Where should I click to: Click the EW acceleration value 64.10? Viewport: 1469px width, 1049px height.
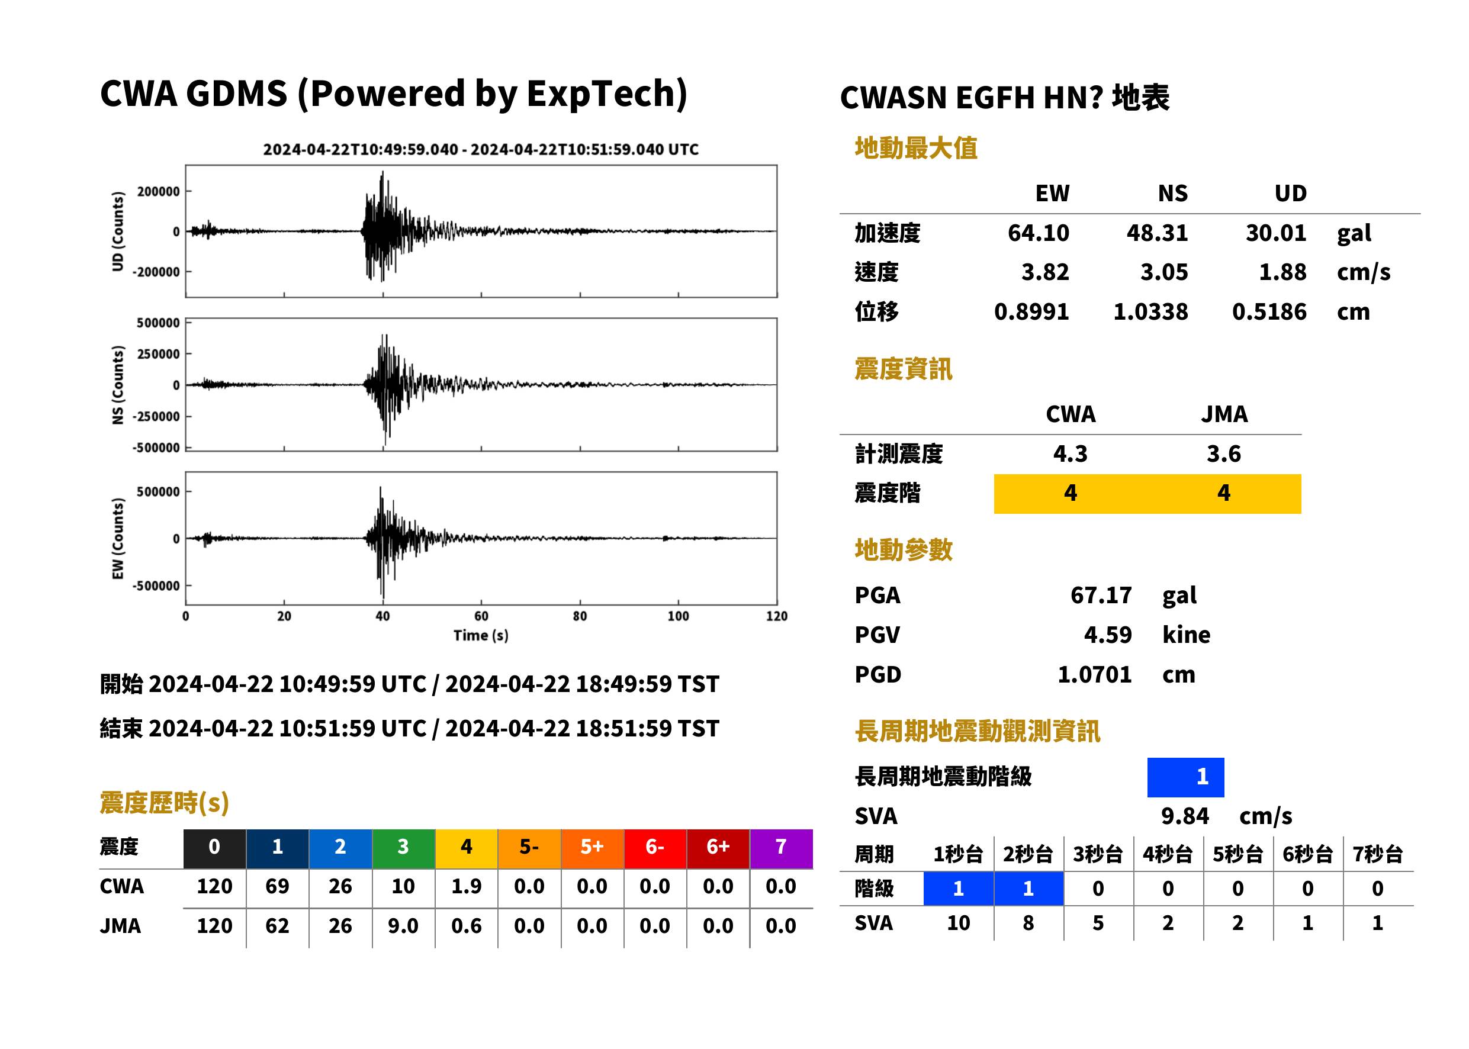(x=1038, y=233)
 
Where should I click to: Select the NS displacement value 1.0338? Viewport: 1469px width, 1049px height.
(x=1150, y=311)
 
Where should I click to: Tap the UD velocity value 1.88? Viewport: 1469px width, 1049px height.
(x=1282, y=272)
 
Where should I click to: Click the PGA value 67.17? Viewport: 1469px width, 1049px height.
(x=1101, y=595)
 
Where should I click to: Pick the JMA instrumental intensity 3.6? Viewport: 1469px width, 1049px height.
(x=1223, y=453)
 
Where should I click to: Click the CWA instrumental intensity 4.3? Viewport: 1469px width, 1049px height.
(x=1071, y=453)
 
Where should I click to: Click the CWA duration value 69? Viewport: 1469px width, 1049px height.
(x=277, y=886)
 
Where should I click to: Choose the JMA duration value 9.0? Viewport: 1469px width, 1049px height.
(x=403, y=926)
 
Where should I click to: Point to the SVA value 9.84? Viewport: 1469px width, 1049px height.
(x=1185, y=816)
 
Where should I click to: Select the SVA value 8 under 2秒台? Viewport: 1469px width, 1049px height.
(x=1028, y=923)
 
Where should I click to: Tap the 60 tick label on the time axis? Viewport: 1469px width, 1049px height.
(x=481, y=616)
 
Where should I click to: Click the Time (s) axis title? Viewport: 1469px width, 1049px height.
(x=481, y=636)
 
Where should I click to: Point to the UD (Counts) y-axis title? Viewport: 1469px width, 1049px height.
(x=118, y=231)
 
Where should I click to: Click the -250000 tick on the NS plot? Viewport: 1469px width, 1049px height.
(x=156, y=417)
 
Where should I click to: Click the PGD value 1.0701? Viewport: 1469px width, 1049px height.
(x=1094, y=674)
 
